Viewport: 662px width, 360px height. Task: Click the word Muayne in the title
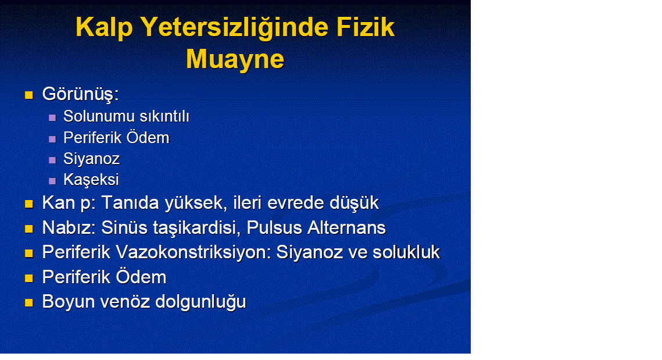coord(235,59)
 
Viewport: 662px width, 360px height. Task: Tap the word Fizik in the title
coord(366,27)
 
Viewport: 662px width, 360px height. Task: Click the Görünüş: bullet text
coord(80,94)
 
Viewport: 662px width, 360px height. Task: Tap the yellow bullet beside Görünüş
coord(28,95)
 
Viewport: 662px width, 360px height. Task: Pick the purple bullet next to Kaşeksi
coord(52,181)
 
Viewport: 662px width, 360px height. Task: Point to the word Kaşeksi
coord(91,180)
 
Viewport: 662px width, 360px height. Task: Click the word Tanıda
coord(130,203)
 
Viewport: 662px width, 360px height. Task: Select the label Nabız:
coord(69,228)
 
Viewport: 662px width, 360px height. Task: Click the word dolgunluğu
coord(201,302)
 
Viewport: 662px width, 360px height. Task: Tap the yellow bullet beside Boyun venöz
coord(28,302)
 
